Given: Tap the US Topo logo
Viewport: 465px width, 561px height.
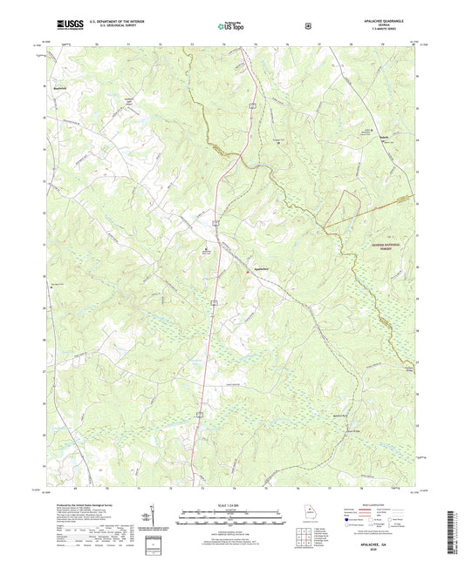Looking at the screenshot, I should [232, 27].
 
